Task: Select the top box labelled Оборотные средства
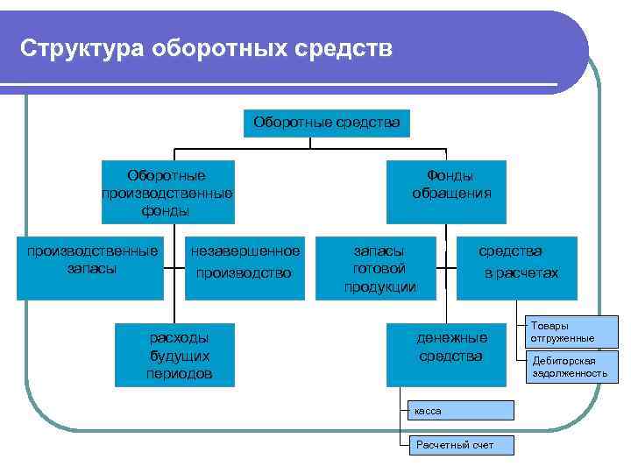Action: pyautogui.click(x=326, y=123)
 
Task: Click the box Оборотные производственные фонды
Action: pyautogui.click(x=167, y=193)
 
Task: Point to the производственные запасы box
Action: pyautogui.click(x=92, y=267)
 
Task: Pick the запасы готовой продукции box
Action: pyautogui.click(x=379, y=268)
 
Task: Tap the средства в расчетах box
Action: pyautogui.click(x=517, y=267)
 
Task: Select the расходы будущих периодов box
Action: pyautogui.click(x=179, y=356)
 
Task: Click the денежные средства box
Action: pyautogui.click(x=450, y=353)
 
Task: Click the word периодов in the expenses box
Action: pyautogui.click(x=179, y=374)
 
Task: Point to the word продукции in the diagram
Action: pyautogui.click(x=379, y=286)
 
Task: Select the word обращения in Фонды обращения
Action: pyautogui.click(x=451, y=194)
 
